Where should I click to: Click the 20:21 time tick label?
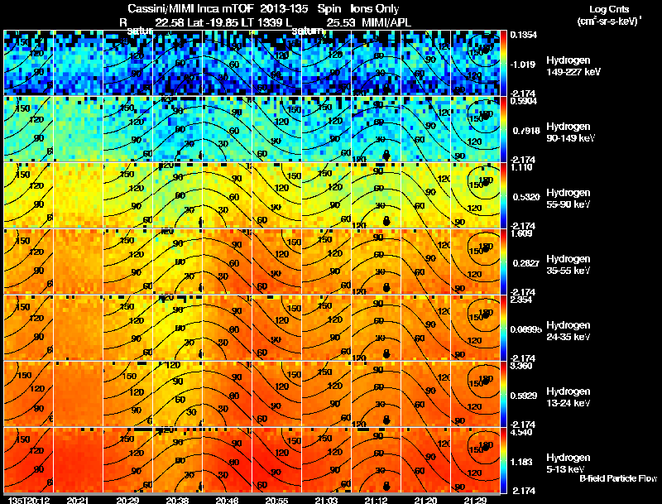[79, 500]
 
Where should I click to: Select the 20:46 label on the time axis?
[227, 500]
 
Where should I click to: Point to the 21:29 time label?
[475, 500]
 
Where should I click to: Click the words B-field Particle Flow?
[617, 479]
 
